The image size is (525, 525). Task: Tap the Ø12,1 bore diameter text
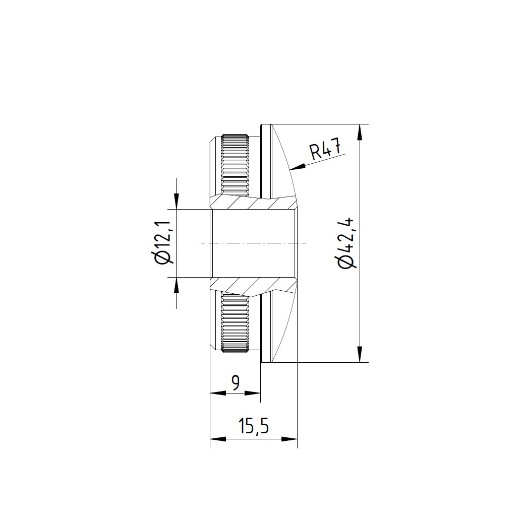point(164,243)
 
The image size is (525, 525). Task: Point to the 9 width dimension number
point(236,383)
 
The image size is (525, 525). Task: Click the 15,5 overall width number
point(254,426)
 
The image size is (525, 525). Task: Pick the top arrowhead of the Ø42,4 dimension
point(360,132)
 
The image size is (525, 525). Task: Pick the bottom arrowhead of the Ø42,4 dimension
point(360,354)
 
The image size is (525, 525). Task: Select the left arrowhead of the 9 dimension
point(218,393)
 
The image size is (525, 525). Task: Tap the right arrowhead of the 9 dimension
point(253,393)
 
